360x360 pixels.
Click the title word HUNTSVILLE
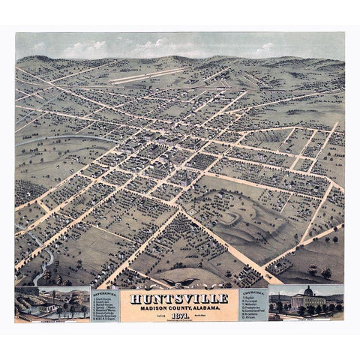tap(180, 298)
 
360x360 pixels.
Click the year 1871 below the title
tap(180, 316)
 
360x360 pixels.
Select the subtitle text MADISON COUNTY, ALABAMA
tap(180, 307)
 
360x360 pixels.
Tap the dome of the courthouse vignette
tap(307, 292)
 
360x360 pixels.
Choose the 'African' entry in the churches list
tap(251, 317)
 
